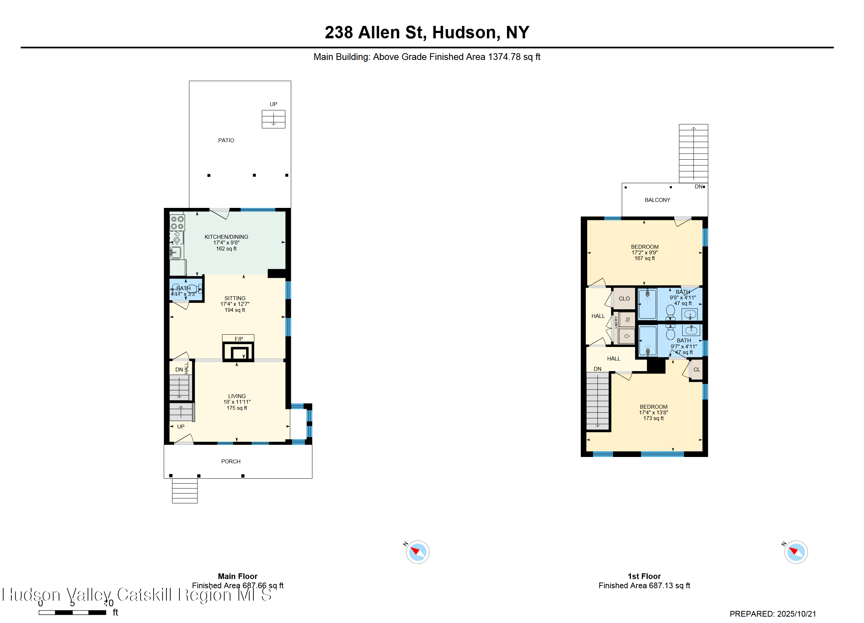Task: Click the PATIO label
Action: coord(226,140)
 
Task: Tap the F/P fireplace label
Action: coord(238,338)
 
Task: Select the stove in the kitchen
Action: coord(177,223)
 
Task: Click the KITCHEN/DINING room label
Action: coord(226,237)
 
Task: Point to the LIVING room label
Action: coord(237,396)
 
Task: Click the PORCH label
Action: coord(231,461)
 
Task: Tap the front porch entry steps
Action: coord(184,491)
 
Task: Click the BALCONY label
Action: coord(657,200)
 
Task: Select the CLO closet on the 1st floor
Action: coord(624,298)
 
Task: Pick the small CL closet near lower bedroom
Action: coord(696,369)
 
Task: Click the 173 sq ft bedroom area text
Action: coord(653,418)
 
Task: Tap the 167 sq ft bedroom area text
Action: coord(645,258)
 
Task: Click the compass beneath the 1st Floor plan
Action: coord(795,552)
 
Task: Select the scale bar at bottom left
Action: coord(72,612)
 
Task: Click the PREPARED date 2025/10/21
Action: coord(773,614)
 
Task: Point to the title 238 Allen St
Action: coord(426,32)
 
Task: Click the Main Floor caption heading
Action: coord(237,576)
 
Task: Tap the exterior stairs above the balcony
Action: coord(693,153)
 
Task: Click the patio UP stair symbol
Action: coord(273,119)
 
